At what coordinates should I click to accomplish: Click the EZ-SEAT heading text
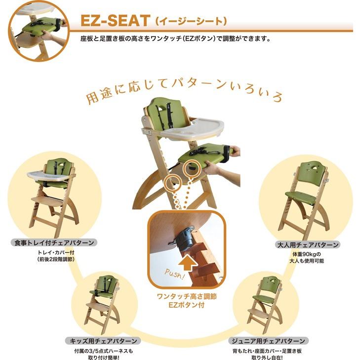point(115,20)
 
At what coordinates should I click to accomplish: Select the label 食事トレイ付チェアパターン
point(54,242)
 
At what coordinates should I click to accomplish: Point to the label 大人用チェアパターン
point(308,245)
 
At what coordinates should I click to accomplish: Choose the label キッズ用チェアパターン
point(103,341)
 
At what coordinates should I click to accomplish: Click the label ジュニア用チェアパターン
point(268,341)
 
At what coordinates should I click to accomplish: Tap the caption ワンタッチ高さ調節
point(187,296)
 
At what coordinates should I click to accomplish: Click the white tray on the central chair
point(192,129)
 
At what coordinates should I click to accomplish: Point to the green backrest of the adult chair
point(313,174)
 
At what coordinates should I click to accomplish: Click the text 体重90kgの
point(307,254)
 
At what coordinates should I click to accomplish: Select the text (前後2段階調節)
point(56,259)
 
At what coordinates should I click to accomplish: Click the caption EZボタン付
point(187,305)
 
